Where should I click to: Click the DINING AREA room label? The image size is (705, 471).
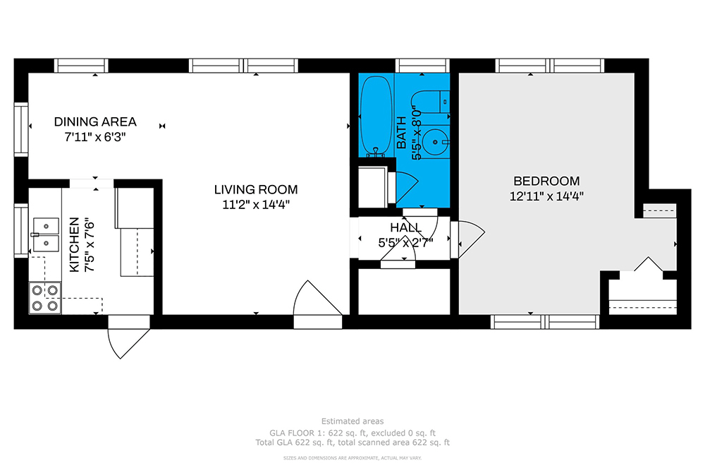pyautogui.click(x=95, y=121)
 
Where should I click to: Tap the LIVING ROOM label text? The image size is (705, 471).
pyautogui.click(x=256, y=189)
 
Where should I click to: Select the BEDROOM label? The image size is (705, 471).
pyautogui.click(x=546, y=181)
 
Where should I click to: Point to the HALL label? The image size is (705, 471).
pyautogui.click(x=405, y=227)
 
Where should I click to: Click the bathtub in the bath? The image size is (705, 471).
pyautogui.click(x=376, y=116)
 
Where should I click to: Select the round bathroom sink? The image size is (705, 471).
pyautogui.click(x=435, y=143)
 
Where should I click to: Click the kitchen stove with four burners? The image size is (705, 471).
pyautogui.click(x=45, y=297)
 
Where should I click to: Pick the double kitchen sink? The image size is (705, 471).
pyautogui.click(x=45, y=234)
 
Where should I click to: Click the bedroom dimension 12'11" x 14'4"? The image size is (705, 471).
pyautogui.click(x=546, y=196)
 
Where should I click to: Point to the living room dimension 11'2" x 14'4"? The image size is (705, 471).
pyautogui.click(x=256, y=205)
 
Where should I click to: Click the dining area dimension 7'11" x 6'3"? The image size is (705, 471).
pyautogui.click(x=95, y=137)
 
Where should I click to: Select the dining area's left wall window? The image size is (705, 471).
pyautogui.click(x=21, y=129)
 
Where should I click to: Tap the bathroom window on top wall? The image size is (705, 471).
pyautogui.click(x=422, y=66)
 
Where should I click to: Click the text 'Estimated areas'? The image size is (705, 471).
pyautogui.click(x=352, y=422)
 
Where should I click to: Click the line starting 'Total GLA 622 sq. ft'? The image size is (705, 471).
pyautogui.click(x=352, y=443)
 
